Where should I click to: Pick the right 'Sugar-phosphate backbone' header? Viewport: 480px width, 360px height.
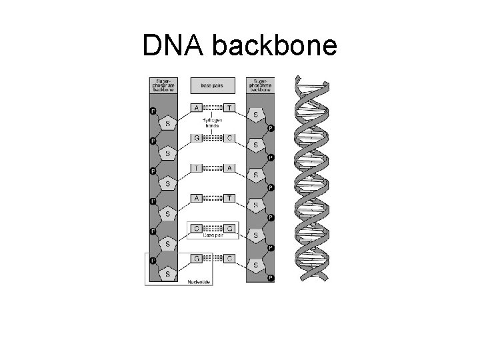tap(259, 86)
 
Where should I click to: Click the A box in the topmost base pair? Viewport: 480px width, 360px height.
tap(197, 107)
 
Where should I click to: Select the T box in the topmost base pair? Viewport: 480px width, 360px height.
tap(229, 107)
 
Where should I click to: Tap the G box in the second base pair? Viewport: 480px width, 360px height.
tap(197, 138)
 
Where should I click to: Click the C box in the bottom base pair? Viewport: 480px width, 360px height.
tap(229, 258)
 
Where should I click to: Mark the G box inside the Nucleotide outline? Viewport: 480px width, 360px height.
tap(197, 258)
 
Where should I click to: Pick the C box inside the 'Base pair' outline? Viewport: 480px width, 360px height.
tap(197, 229)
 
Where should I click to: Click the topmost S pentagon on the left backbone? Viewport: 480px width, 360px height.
tap(168, 123)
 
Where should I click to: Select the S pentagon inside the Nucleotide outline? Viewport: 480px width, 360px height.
tap(168, 273)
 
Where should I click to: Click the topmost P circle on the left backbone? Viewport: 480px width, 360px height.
tap(153, 111)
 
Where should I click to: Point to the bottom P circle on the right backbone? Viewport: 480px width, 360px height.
tap(271, 278)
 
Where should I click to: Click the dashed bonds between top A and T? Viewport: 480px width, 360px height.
tap(213, 107)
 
